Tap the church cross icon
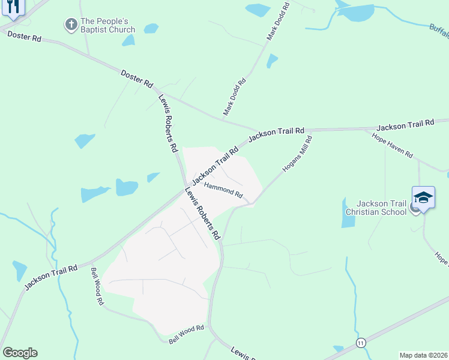(70, 25)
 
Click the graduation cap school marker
(423, 198)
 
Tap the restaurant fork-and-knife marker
(12, 7)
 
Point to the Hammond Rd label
(223, 191)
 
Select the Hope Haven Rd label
(393, 146)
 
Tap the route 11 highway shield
(360, 342)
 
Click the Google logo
(20, 353)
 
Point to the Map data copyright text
(423, 355)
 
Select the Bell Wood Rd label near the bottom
(187, 334)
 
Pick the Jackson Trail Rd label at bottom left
(51, 277)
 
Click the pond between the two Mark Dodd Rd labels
(272, 61)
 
